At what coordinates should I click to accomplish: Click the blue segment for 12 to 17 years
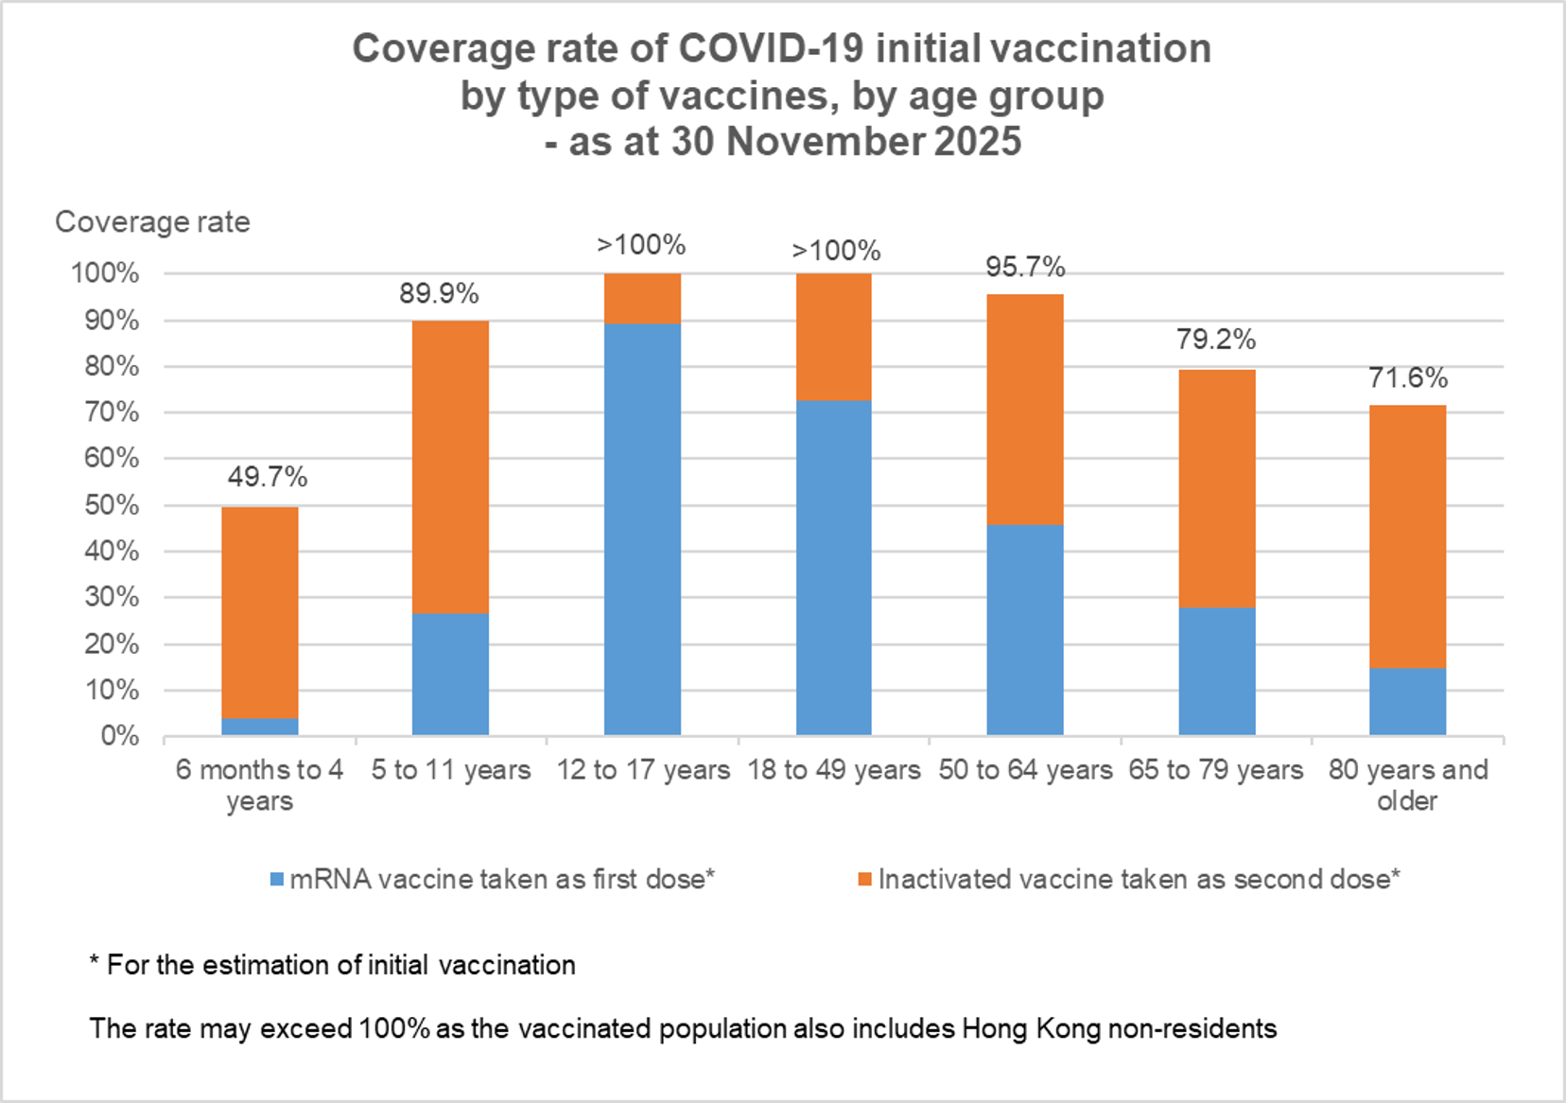(642, 529)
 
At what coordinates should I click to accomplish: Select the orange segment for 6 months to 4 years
(260, 612)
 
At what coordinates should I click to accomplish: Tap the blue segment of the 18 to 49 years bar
(833, 568)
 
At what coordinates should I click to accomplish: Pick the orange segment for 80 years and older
(1407, 536)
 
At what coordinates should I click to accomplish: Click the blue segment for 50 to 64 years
(1025, 629)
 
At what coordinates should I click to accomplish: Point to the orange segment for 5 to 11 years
(451, 466)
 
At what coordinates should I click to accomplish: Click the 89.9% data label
(439, 293)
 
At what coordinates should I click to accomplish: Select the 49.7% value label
(268, 477)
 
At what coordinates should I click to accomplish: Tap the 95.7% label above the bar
(1025, 267)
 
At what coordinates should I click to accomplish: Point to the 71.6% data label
(1408, 378)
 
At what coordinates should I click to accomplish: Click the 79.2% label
(1216, 339)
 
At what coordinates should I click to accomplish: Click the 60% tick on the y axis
(112, 459)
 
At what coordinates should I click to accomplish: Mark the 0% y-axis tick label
(120, 736)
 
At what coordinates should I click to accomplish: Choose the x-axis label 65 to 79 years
(1216, 770)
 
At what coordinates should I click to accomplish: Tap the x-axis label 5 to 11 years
(451, 770)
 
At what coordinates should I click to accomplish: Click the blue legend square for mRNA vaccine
(277, 880)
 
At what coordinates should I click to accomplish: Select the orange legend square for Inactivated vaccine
(864, 880)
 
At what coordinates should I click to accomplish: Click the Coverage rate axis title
(152, 221)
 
